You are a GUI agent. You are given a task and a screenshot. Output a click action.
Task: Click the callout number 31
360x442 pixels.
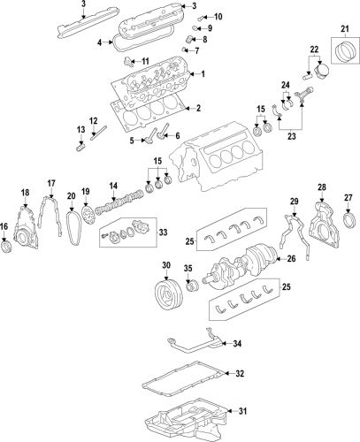point(240,410)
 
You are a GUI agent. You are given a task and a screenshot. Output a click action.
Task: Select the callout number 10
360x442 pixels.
point(218,17)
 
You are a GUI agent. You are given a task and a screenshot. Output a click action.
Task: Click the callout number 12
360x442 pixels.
point(93,120)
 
